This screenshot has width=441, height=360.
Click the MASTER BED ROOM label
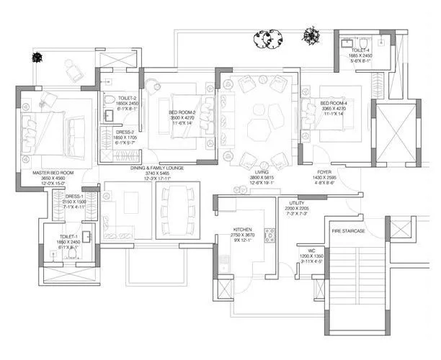tap(53, 173)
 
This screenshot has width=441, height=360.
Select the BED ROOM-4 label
tap(334, 103)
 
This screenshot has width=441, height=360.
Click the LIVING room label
tap(260, 173)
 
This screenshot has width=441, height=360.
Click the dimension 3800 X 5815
tap(260, 178)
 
